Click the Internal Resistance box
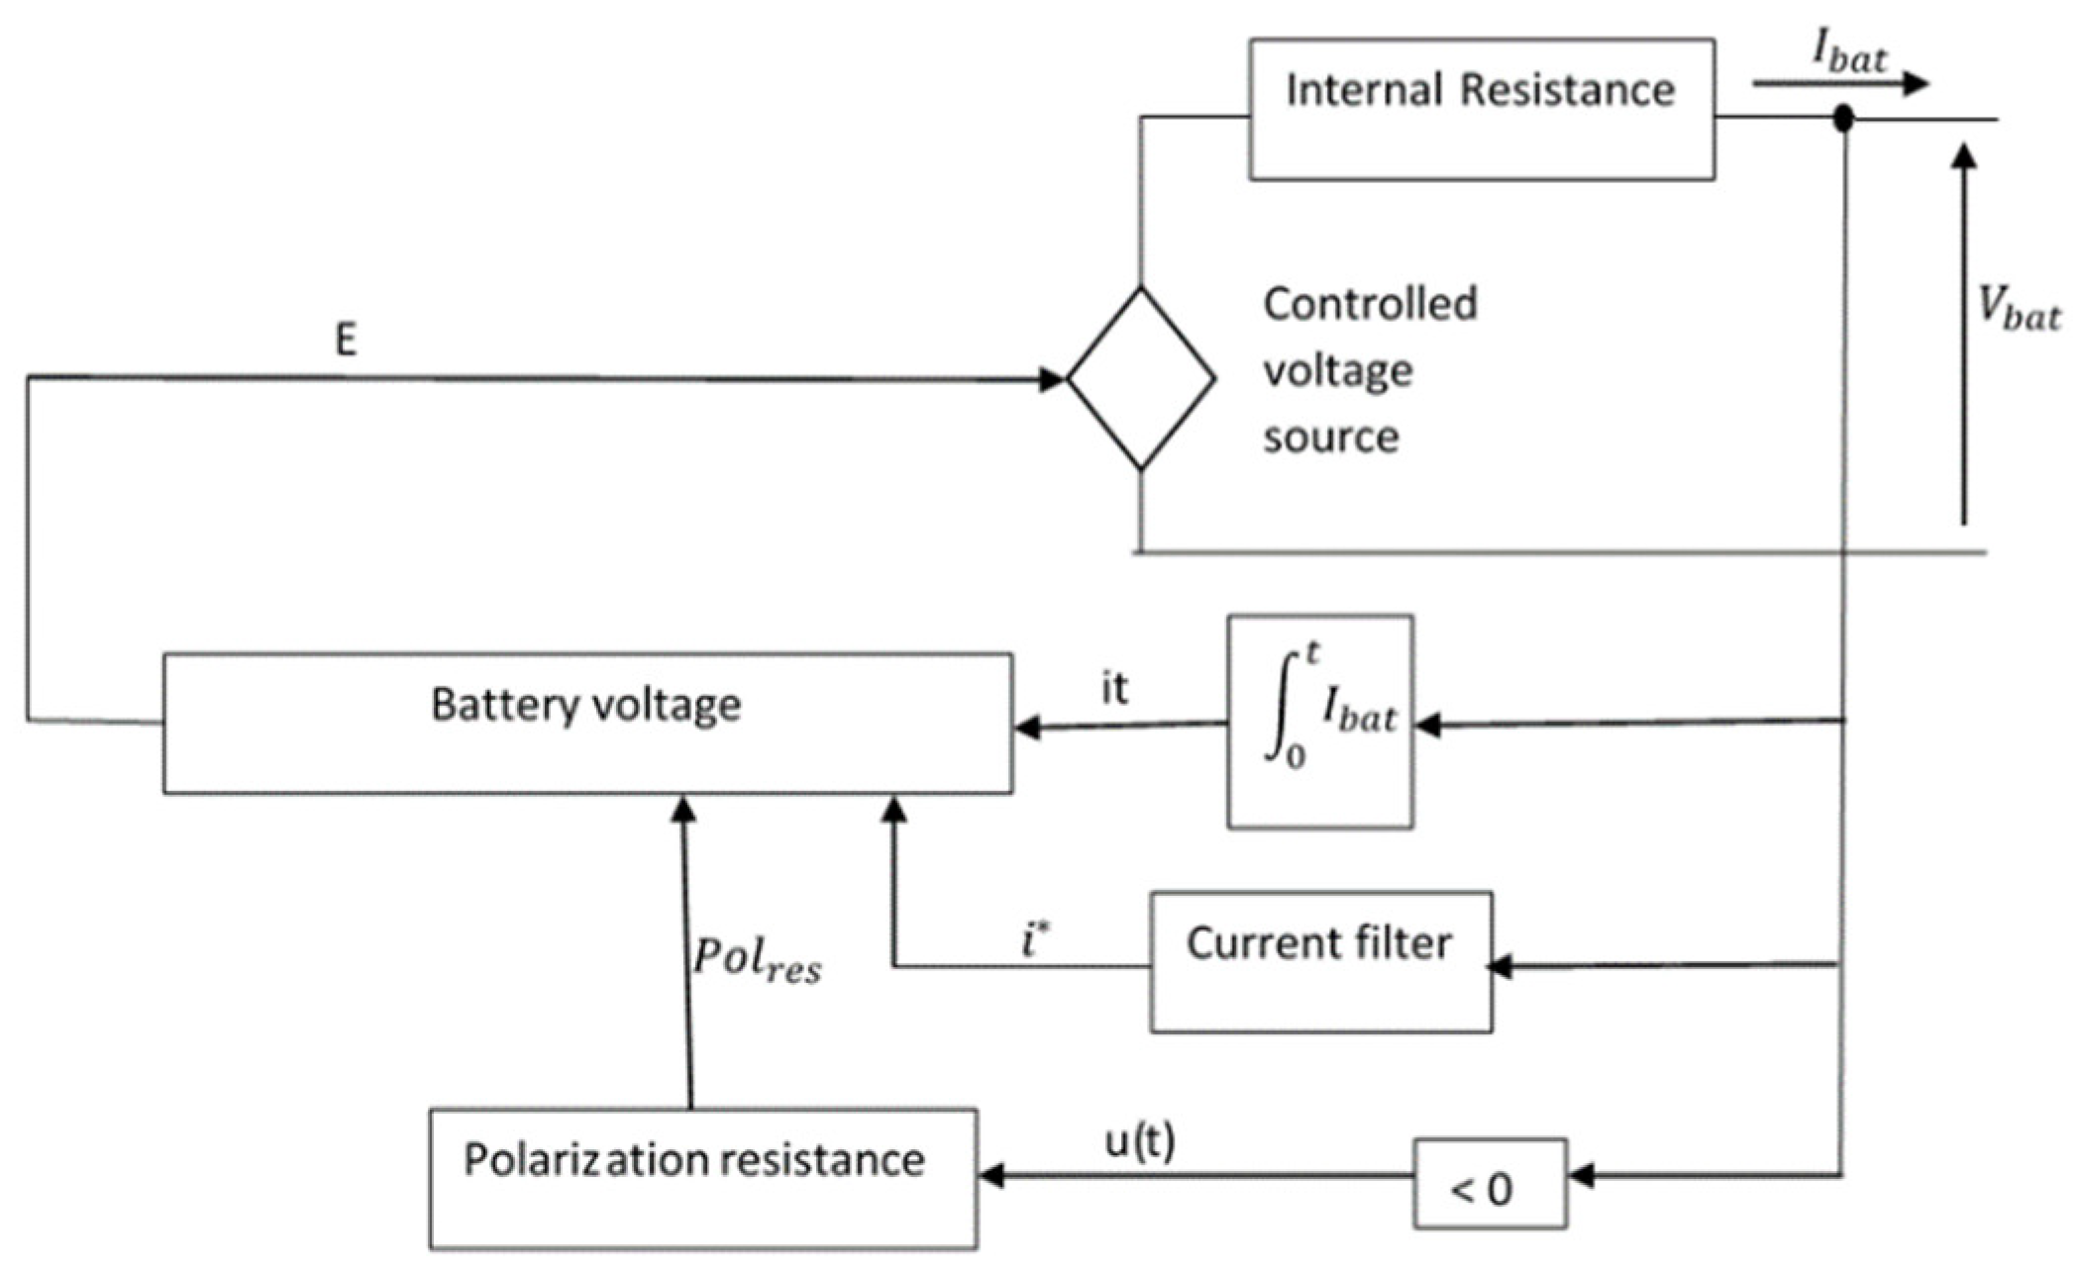1481,109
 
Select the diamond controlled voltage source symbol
1141,378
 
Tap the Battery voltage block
587,723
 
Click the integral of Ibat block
1320,722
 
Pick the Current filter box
1320,961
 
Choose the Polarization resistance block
702,1178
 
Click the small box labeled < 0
1489,1184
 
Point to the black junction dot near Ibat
1842,119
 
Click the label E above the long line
345,341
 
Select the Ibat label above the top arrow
1849,49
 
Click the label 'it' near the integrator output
1114,688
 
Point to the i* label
1035,937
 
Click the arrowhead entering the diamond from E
1052,379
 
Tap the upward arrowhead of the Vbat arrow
1965,156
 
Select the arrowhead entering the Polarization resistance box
991,1176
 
